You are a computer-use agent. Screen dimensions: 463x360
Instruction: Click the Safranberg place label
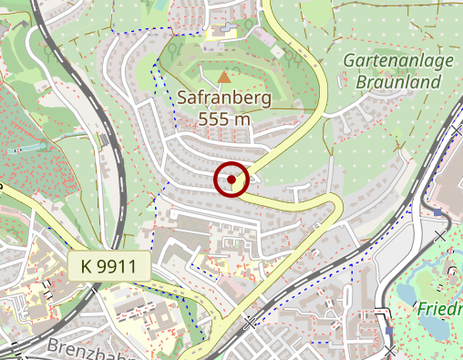pyautogui.click(x=224, y=98)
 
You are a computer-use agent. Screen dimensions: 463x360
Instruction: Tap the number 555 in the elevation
pyautogui.click(x=214, y=118)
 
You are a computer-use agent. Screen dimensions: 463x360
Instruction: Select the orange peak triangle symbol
pyautogui.click(x=225, y=77)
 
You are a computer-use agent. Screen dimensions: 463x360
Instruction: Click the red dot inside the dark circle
pyautogui.click(x=232, y=180)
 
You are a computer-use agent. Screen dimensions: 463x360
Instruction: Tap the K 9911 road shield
pyautogui.click(x=108, y=267)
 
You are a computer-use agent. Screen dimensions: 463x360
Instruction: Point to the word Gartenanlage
pyautogui.click(x=397, y=62)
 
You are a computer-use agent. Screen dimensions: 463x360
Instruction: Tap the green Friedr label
pyautogui.click(x=441, y=308)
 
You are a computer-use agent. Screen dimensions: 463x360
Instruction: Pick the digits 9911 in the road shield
pyautogui.click(x=117, y=267)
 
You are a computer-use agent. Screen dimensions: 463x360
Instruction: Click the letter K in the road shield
pyautogui.click(x=86, y=267)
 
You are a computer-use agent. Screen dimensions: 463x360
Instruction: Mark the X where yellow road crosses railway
pyautogui.click(x=249, y=323)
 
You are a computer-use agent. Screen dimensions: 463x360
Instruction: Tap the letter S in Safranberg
pyautogui.click(x=182, y=98)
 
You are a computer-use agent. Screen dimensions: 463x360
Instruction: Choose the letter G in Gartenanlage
pyautogui.click(x=351, y=62)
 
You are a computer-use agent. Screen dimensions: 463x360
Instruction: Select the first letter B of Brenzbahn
pyautogui.click(x=52, y=348)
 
